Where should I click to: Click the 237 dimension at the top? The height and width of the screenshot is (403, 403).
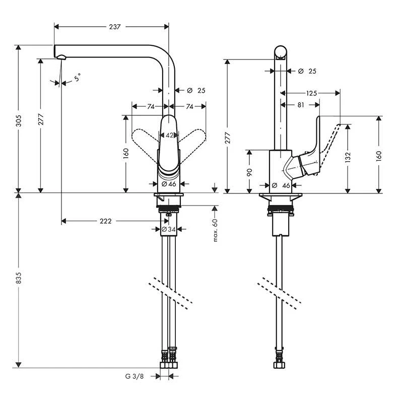click(115, 27)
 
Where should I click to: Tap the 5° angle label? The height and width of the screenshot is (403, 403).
click(77, 78)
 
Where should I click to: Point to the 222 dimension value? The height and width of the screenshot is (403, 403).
click(105, 221)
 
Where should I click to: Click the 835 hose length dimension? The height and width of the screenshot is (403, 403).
click(20, 281)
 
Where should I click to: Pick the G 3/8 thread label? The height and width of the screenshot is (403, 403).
click(135, 376)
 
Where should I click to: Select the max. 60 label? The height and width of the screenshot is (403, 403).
click(215, 230)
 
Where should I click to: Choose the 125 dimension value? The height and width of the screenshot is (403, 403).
click(311, 93)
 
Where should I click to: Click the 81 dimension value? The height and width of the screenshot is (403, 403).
click(300, 105)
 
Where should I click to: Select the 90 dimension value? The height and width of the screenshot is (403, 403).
click(249, 172)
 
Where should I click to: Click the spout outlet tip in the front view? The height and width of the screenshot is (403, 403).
click(61, 57)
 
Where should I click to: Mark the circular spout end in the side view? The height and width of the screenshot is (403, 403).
click(281, 52)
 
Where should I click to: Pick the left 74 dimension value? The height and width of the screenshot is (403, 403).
click(150, 107)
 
